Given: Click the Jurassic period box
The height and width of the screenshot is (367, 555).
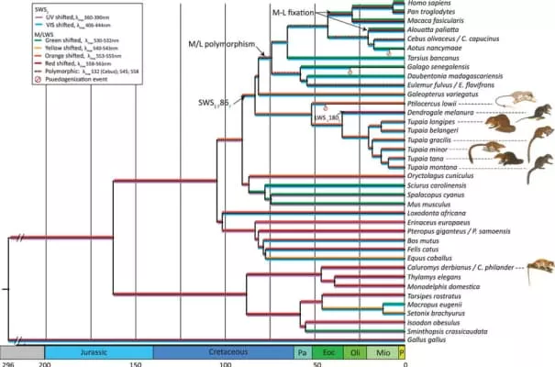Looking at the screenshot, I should pyautogui.click(x=99, y=351).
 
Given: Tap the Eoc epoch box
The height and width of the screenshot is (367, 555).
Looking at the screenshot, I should pyautogui.click(x=327, y=351).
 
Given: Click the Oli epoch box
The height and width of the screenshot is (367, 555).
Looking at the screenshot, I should pyautogui.click(x=353, y=351).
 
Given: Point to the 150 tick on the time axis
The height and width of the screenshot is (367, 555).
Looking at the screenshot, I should pyautogui.click(x=135, y=363).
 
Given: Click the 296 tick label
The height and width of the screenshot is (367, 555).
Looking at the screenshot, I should pyautogui.click(x=8, y=363).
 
